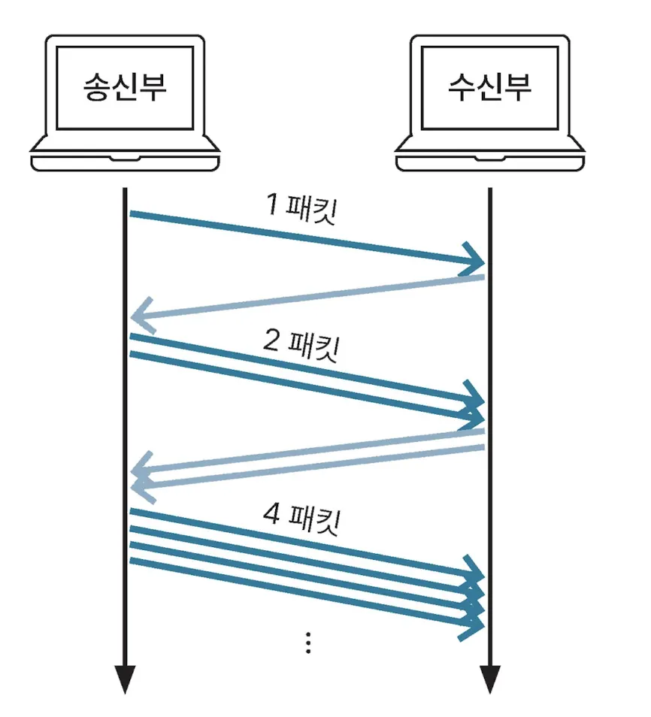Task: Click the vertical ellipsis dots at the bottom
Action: (308, 643)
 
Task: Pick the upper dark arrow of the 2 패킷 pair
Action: (301, 366)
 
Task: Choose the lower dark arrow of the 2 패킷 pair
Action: (301, 383)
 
